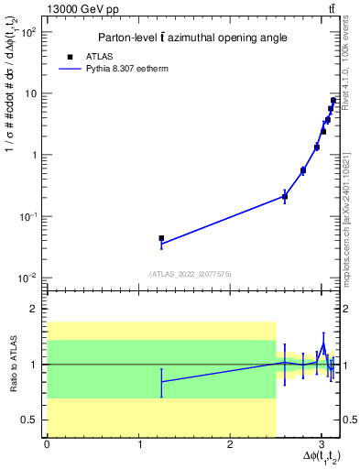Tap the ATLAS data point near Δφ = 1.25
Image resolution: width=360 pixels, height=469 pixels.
tap(161, 238)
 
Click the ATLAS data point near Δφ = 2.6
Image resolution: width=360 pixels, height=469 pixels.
tap(285, 196)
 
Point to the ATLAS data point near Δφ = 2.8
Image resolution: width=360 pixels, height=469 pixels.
tap(303, 170)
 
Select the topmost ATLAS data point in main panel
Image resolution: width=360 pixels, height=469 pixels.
tap(334, 101)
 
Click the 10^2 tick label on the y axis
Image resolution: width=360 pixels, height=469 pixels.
tap(27, 31)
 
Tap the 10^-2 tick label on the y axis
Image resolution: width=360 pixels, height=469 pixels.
tap(27, 278)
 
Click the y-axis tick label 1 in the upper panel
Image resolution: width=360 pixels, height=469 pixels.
tap(33, 155)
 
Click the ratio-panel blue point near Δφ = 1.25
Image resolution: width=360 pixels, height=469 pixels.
tap(161, 382)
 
